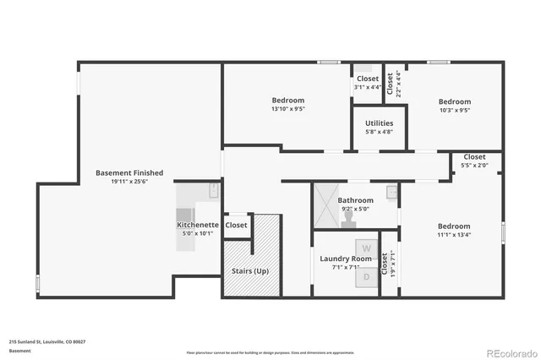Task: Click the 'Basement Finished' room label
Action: click(129, 172)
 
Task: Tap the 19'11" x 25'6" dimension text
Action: click(129, 182)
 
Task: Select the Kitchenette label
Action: click(198, 225)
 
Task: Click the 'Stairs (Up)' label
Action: click(250, 271)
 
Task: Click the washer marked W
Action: click(366, 248)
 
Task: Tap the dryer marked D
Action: click(366, 276)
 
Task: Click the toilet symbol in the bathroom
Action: click(348, 217)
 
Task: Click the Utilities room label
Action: click(379, 123)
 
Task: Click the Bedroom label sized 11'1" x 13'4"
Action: click(454, 226)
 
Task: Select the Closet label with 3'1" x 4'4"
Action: click(368, 79)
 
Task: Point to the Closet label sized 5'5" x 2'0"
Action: click(474, 156)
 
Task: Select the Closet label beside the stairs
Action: click(237, 225)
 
